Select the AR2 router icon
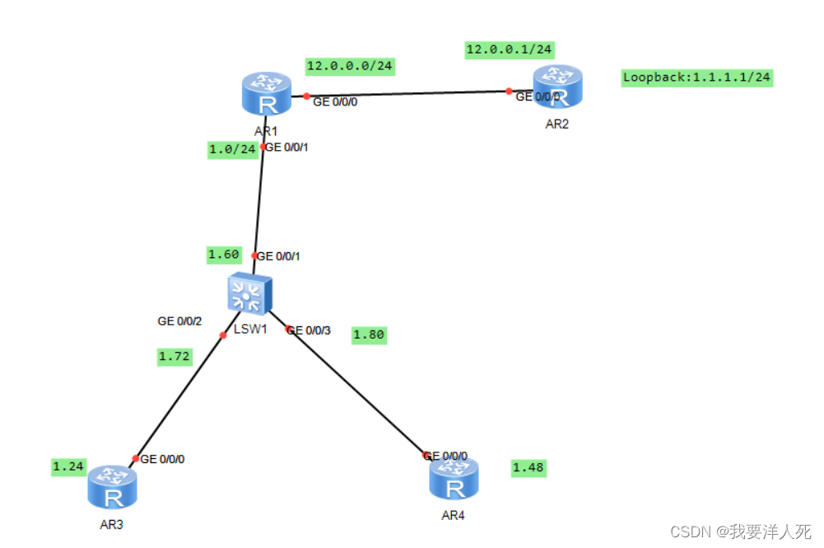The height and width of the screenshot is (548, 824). tap(557, 87)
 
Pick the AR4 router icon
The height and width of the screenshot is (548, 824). tap(454, 478)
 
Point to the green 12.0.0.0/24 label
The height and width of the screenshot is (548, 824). tap(349, 65)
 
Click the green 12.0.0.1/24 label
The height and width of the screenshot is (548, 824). tap(509, 49)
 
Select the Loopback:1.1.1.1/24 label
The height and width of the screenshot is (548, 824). tap(697, 77)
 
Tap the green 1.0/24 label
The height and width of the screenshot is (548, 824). tap(233, 150)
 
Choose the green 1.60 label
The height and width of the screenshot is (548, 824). tap(223, 255)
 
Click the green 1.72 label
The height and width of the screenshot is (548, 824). tap(175, 357)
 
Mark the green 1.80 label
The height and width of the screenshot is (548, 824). tap(369, 335)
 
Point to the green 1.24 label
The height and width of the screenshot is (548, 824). tap(68, 466)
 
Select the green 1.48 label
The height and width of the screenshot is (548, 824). tap(528, 468)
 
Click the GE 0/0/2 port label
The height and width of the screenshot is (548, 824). tap(179, 321)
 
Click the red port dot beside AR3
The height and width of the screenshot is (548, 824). tap(136, 458)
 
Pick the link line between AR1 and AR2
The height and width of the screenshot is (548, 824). tap(407, 93)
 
